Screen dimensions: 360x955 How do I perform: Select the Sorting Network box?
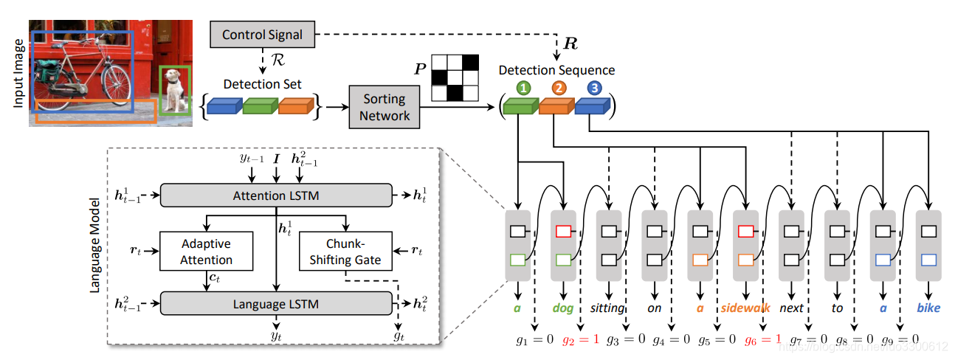point(385,106)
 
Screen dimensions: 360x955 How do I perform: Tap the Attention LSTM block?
point(276,195)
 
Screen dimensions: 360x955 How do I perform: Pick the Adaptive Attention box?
point(206,252)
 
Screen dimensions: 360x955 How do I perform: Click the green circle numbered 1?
point(523,89)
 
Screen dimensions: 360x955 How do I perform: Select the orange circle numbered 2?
point(558,89)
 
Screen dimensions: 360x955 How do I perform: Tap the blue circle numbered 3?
point(593,89)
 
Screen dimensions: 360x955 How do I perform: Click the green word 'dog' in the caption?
point(564,308)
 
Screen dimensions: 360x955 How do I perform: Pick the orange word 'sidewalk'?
point(746,308)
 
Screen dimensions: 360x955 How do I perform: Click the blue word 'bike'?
point(928,308)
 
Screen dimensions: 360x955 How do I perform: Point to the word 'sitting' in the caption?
point(608,308)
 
